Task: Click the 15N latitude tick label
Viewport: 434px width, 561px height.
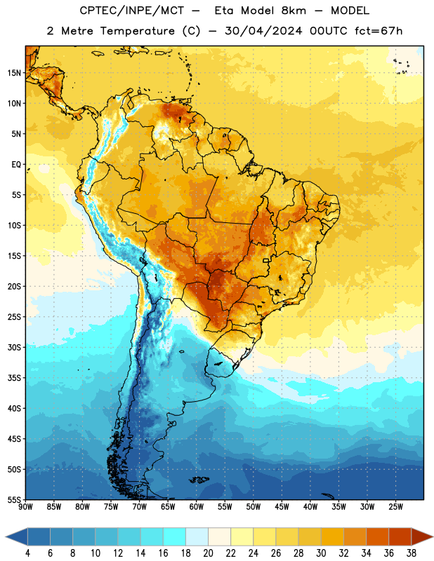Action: [14, 73]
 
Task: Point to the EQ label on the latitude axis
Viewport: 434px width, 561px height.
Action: [16, 165]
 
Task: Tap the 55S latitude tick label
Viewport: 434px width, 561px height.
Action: [14, 499]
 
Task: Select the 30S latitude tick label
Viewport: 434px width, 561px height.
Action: [14, 347]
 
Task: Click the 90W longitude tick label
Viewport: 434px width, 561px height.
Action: [25, 507]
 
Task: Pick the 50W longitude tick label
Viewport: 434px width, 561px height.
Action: [254, 507]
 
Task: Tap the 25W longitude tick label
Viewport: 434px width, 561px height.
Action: [395, 507]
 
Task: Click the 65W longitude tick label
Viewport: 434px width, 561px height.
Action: [168, 507]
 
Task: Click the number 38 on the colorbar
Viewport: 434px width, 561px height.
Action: [411, 553]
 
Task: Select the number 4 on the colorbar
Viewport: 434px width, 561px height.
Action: [27, 553]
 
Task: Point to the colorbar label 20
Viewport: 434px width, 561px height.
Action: [208, 553]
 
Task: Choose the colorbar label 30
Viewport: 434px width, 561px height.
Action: [321, 553]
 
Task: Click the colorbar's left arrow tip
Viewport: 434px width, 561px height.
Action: [6, 536]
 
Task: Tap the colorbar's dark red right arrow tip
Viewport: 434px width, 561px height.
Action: [433, 536]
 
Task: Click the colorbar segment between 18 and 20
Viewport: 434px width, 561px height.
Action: [197, 536]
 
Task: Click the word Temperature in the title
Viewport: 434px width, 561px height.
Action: [137, 31]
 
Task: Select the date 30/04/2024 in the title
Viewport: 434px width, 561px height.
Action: [263, 31]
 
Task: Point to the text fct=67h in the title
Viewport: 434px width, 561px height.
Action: [379, 31]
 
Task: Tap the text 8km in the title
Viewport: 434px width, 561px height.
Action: [294, 11]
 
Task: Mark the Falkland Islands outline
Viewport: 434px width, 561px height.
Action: [199, 480]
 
